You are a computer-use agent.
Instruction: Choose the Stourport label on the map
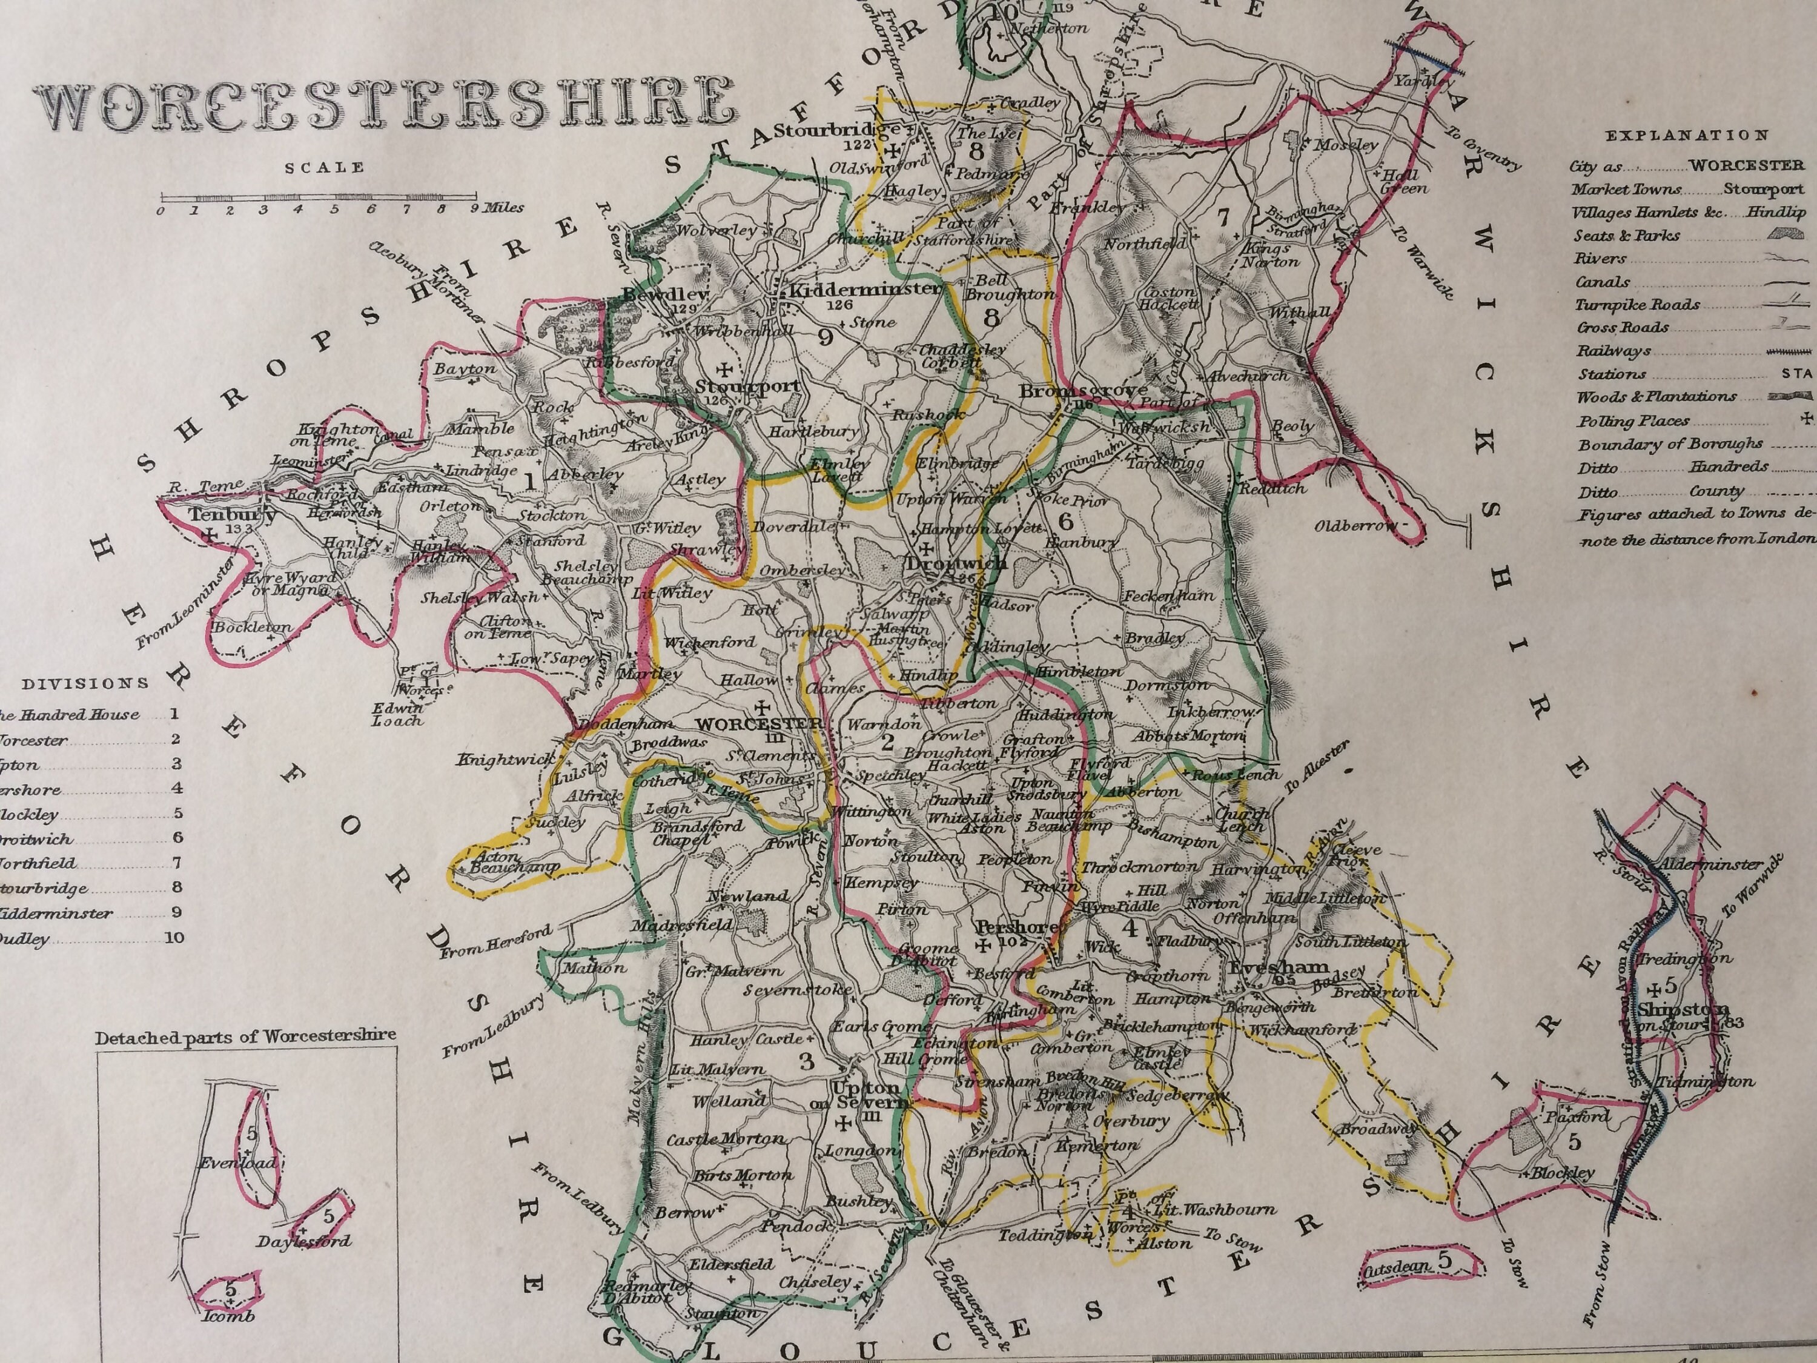[747, 386]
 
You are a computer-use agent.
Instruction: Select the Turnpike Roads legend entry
[1637, 305]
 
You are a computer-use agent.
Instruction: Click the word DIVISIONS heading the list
[85, 683]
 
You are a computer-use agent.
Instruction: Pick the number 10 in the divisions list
[174, 937]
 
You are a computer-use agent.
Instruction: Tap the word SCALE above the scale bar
[325, 168]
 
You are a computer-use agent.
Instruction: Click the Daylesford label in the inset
[303, 1241]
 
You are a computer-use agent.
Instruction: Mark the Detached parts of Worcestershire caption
[245, 1037]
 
